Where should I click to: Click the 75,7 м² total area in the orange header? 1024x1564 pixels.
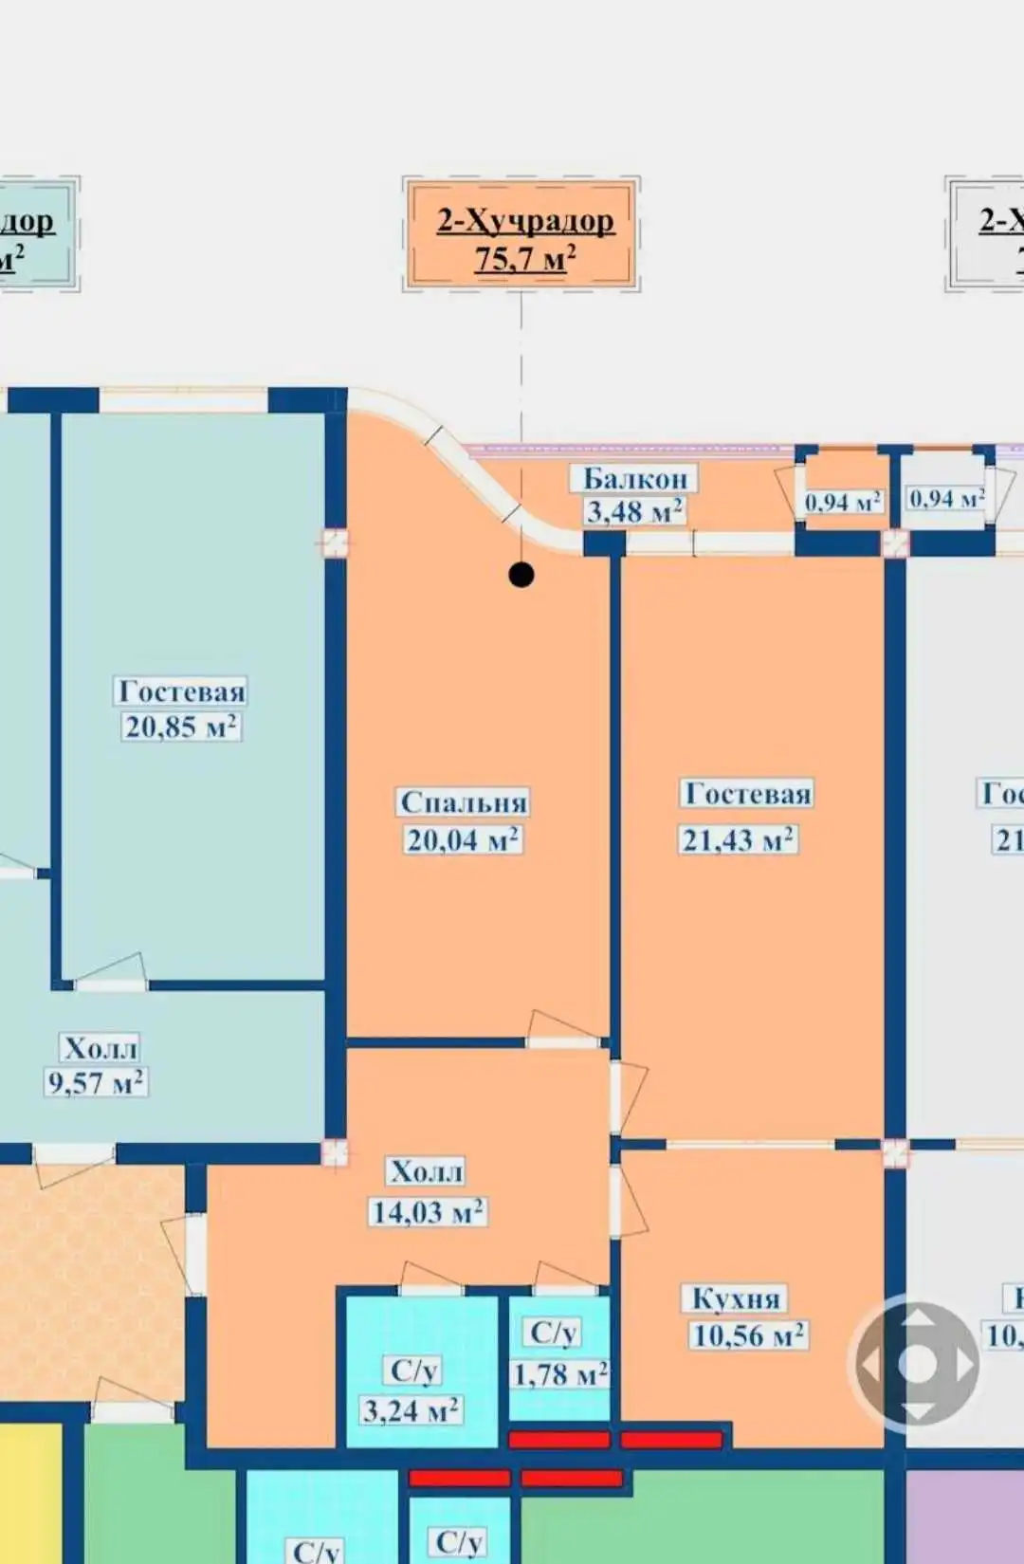click(x=524, y=258)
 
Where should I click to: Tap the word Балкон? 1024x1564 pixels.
click(x=634, y=478)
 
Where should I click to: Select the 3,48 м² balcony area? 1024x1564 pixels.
click(x=633, y=512)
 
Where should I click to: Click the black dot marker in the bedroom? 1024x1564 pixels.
click(x=521, y=575)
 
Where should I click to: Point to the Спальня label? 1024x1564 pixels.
click(x=463, y=802)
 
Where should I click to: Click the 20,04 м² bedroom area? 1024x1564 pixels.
click(x=463, y=839)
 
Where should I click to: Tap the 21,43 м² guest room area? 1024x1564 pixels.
click(x=738, y=839)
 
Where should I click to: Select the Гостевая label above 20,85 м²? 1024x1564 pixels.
click(x=181, y=690)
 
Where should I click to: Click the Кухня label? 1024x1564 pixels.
click(x=736, y=1297)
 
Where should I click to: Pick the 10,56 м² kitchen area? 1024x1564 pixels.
click(x=748, y=1335)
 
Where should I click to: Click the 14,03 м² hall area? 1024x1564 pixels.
click(x=428, y=1211)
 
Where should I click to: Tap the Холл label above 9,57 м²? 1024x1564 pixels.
click(x=101, y=1048)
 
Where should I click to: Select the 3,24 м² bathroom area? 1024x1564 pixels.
click(x=411, y=1409)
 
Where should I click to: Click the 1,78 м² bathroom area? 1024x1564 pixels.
click(x=559, y=1373)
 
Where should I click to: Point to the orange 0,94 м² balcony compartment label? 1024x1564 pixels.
click(x=842, y=501)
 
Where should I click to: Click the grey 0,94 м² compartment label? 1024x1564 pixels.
click(x=945, y=498)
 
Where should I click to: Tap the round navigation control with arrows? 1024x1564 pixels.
click(x=917, y=1364)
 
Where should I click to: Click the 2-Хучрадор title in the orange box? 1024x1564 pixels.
click(x=524, y=221)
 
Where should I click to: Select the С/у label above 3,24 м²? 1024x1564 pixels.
click(x=414, y=1371)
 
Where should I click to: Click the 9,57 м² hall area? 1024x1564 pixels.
click(x=96, y=1082)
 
